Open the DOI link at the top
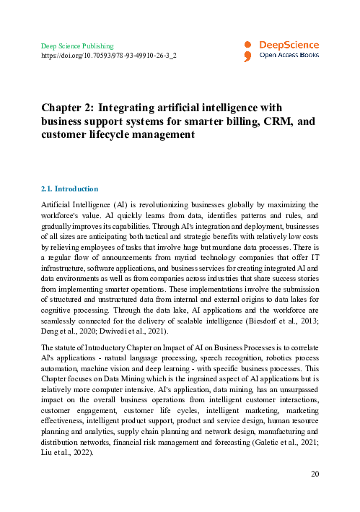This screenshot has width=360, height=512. (107, 55)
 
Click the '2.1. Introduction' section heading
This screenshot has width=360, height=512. (70, 189)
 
